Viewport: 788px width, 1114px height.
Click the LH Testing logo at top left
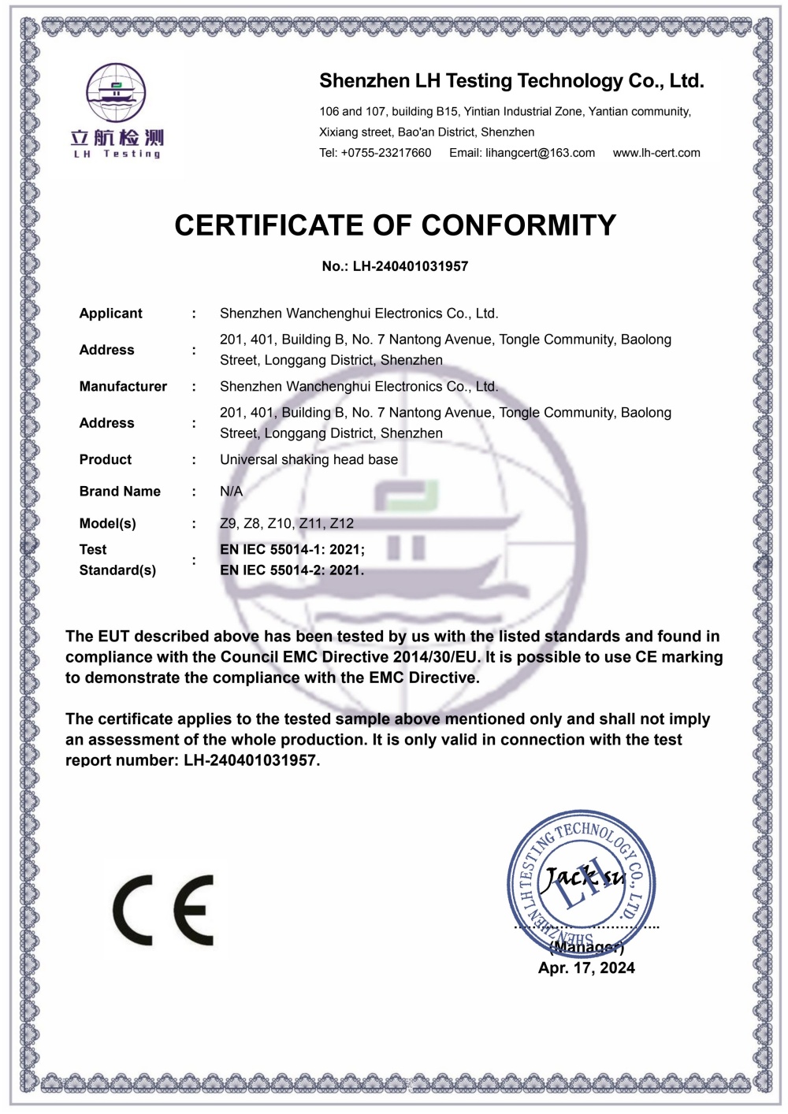[117, 111]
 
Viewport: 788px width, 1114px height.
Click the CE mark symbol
[163, 910]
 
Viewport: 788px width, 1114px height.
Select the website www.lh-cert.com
[656, 153]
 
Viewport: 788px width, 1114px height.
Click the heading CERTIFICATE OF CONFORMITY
[395, 225]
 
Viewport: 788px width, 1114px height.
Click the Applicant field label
[110, 314]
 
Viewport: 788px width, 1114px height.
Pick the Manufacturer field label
[123, 387]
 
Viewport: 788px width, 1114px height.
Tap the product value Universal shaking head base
[309, 460]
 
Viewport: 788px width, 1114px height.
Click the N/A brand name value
[231, 492]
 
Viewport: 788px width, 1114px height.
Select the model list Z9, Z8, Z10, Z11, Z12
[287, 524]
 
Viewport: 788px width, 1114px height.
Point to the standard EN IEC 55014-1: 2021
[292, 550]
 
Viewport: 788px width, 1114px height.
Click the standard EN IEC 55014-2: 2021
[292, 570]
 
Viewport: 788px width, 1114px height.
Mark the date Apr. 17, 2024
[586, 968]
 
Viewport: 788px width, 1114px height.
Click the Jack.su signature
[585, 876]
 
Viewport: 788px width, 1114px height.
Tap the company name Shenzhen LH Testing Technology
[511, 81]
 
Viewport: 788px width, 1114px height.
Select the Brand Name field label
[120, 492]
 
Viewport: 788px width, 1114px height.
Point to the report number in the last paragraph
[251, 761]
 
